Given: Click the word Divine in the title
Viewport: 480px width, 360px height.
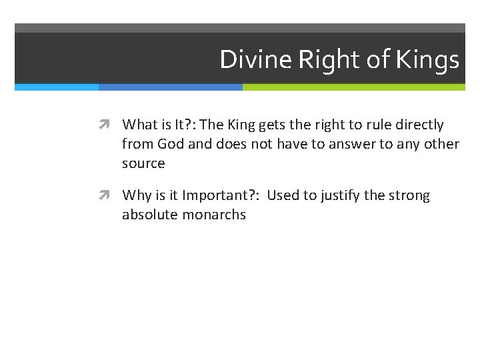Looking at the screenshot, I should [256, 60].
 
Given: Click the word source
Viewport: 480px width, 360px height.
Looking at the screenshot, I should [143, 163].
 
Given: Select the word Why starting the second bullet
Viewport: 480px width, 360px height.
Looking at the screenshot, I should [137, 195].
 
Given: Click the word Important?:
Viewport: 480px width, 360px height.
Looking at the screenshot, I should [221, 195].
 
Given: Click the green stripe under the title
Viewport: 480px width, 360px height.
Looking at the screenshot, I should [353, 87].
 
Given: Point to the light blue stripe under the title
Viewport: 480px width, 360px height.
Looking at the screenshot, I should [57, 87].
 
